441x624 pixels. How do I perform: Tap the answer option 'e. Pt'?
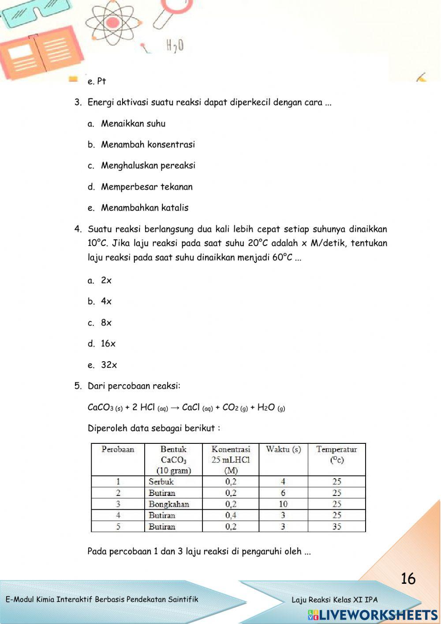97,81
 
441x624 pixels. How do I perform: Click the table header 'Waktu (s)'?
283,450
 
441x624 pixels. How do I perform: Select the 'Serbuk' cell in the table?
161,481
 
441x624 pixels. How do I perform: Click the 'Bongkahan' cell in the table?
169,504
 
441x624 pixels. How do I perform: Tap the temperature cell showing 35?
336,526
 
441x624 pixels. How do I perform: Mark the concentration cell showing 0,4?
231,515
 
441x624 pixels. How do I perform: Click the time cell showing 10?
283,504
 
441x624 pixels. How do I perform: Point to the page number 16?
408,579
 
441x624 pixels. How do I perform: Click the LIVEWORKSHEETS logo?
373,615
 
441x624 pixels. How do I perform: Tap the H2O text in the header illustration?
175,45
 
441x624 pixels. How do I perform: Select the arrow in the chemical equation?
175,408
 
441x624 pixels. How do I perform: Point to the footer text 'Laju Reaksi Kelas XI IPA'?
334,600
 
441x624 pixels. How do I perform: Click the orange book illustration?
40,53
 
